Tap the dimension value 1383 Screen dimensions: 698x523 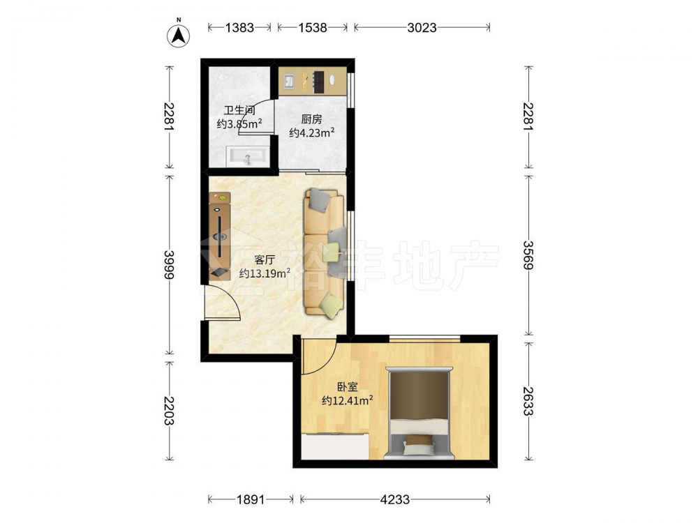tap(239, 28)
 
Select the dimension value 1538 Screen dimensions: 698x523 tap(313, 28)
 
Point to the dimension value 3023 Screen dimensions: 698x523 tap(422, 28)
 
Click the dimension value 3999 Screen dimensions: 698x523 tap(169, 264)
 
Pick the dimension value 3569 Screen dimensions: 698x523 tap(528, 255)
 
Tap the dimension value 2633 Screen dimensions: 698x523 tap(528, 401)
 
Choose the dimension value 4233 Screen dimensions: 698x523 tap(395, 499)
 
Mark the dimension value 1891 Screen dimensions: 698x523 tap(250, 499)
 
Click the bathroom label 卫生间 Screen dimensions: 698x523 tap(239, 110)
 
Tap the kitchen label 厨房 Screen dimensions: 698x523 tap(311, 119)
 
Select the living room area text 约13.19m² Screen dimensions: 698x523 tap(265, 273)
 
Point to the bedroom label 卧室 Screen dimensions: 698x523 tap(347, 387)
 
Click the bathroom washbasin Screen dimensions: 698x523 tap(248, 156)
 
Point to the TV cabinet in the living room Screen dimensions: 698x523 tap(220, 236)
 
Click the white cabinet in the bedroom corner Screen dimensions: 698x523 tap(335, 446)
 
